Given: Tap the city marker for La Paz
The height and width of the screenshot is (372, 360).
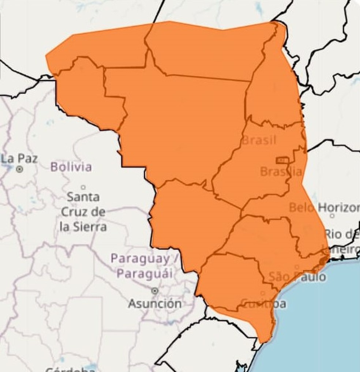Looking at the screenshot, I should click(x=20, y=169).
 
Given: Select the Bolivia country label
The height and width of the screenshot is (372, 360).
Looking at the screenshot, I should click(x=71, y=167).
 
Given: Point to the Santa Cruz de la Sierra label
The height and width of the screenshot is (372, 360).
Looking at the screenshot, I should click(x=83, y=212).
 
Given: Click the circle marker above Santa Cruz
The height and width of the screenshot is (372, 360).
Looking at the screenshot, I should click(x=83, y=187).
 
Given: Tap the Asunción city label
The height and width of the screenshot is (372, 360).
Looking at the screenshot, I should click(x=155, y=303).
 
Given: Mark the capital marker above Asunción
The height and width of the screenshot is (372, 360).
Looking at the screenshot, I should click(x=155, y=291).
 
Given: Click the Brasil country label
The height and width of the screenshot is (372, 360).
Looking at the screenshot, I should click(x=259, y=140).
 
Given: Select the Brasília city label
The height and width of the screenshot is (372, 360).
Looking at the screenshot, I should click(x=281, y=171).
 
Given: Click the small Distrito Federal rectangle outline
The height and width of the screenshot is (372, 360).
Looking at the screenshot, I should click(x=282, y=160).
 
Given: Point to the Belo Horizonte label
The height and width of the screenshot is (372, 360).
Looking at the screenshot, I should click(x=324, y=208).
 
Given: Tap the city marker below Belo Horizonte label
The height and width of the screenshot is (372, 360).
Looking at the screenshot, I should click(x=332, y=216).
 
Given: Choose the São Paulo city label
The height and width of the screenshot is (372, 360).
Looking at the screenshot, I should click(x=297, y=277).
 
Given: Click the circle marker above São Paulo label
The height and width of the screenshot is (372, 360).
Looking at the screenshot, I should click(x=297, y=267).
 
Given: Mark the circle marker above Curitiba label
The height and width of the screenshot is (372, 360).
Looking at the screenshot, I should click(x=262, y=293).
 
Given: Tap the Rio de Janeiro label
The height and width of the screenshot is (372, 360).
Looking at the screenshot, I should click(x=342, y=241).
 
